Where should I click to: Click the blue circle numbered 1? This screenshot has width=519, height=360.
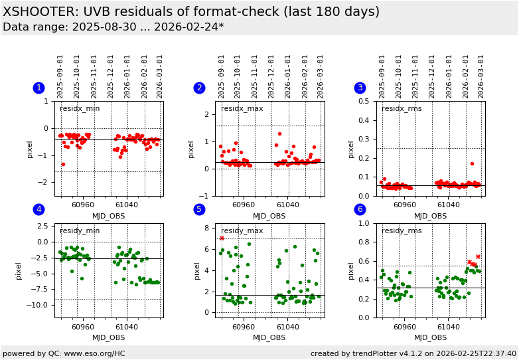coord(38,88)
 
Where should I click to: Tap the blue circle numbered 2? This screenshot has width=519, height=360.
coord(199,88)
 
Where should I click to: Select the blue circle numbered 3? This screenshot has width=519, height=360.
coord(360,88)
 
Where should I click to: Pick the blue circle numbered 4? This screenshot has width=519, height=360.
coord(38,209)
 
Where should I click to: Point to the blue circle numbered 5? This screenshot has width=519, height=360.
coord(199,209)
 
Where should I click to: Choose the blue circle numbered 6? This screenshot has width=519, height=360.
coord(360,209)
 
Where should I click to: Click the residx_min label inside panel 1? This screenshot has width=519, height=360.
coord(80,109)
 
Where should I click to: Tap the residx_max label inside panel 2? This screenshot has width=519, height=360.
coord(242,109)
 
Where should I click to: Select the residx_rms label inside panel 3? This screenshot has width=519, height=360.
coord(402,109)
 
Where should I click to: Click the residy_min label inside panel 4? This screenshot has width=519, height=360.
coord(80,231)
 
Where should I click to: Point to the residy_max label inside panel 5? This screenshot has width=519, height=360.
coord(242,231)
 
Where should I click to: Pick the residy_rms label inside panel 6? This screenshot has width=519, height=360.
coord(402,231)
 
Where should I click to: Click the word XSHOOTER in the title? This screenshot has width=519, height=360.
coord(37,12)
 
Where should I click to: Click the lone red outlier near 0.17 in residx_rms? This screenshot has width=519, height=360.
coord(472,163)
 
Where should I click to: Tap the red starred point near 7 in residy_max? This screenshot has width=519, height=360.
coord(222,238)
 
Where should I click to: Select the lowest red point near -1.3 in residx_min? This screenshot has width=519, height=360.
coord(63,164)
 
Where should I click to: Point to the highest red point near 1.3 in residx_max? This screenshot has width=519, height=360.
coord(279,134)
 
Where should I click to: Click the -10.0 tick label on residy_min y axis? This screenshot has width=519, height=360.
coord(40,305)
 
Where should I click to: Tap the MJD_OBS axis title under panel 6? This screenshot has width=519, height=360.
coord(431,337)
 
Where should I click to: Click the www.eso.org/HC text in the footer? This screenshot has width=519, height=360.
coord(79,353)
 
